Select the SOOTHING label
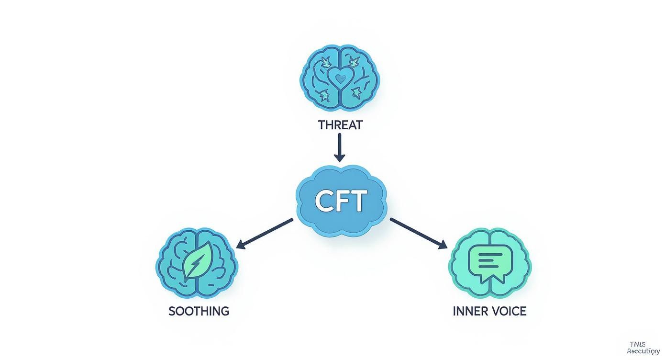[x=199, y=311]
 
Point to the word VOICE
[x=509, y=311]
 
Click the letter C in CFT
[x=324, y=201]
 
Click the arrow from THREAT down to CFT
[x=339, y=146]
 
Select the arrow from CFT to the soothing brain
[x=265, y=234]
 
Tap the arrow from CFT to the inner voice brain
[x=419, y=234]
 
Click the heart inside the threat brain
[x=340, y=79]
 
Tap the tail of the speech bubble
[x=500, y=278]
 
